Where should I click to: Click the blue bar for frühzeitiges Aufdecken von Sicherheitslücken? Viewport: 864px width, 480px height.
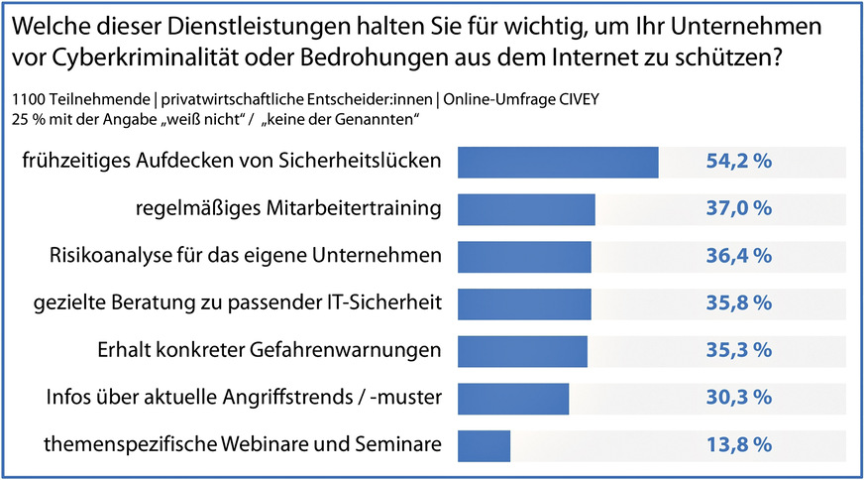[x=558, y=163]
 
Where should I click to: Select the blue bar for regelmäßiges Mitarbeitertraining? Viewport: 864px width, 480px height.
[x=526, y=209]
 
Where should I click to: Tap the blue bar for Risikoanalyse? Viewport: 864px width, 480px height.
[x=524, y=256]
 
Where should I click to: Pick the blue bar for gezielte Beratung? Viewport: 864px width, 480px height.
[x=524, y=303]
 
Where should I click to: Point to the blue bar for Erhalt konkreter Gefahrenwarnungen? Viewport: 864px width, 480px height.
[x=522, y=350]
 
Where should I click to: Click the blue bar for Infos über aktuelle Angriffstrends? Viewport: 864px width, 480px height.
[x=513, y=398]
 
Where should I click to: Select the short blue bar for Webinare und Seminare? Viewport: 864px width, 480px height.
[x=484, y=445]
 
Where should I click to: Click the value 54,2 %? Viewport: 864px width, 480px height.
[x=738, y=163]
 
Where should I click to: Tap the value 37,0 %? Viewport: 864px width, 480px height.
[x=738, y=209]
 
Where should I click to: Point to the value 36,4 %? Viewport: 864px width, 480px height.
[x=738, y=256]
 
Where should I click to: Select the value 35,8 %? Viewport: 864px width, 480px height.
[x=738, y=303]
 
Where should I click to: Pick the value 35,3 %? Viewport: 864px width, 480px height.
[x=738, y=350]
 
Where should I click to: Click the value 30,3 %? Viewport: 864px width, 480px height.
[x=738, y=398]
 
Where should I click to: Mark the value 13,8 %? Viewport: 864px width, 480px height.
[x=738, y=445]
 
